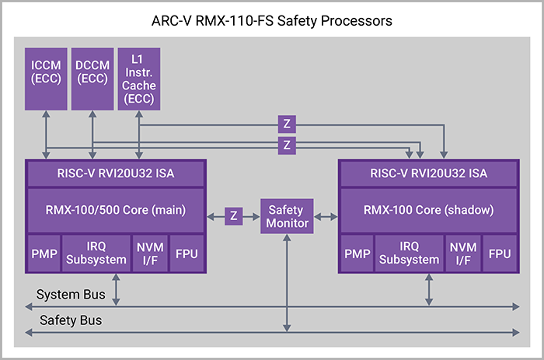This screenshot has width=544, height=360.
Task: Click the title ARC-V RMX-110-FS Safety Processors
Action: pos(272,20)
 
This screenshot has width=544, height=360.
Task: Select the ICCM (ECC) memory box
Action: pos(47,78)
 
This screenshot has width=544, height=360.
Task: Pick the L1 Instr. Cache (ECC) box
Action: pos(138,78)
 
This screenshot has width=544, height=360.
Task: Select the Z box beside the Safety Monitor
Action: pos(233,215)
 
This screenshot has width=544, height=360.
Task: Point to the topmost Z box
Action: pos(288,123)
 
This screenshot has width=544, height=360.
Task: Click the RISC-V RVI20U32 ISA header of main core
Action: pos(116,173)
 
